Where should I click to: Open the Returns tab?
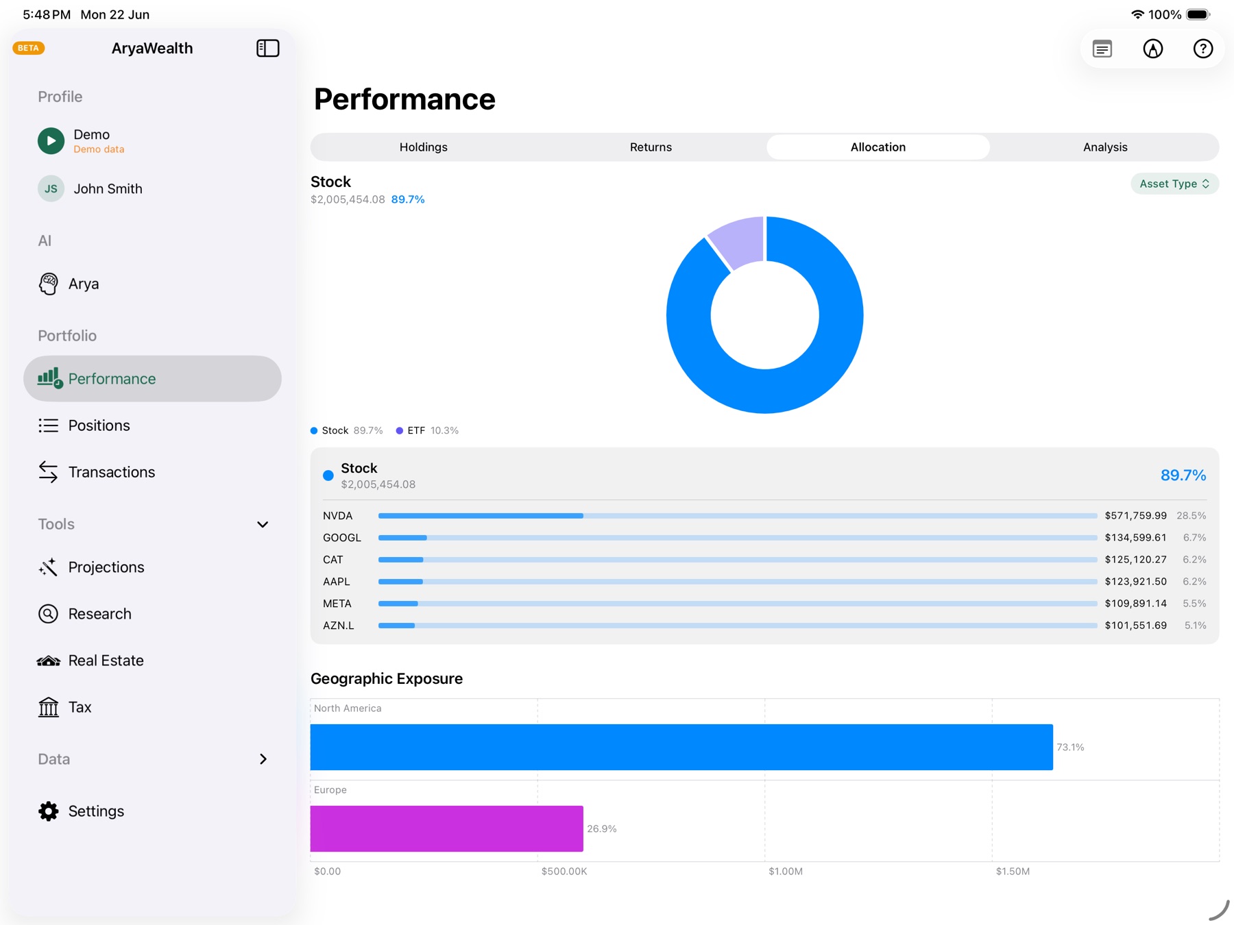point(651,147)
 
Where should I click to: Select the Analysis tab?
point(1105,147)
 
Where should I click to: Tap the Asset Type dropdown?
point(1174,184)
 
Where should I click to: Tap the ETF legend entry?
point(427,430)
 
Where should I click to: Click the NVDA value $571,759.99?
point(1135,515)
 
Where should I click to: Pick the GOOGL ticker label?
point(342,538)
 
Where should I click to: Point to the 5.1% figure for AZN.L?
point(1195,626)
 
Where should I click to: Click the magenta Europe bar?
point(447,828)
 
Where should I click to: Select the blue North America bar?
point(681,747)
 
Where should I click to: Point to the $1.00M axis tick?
point(786,872)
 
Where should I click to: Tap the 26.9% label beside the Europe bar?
point(602,829)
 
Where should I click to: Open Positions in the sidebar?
point(99,425)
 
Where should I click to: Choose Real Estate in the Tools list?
point(106,661)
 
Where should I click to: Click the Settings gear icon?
point(49,811)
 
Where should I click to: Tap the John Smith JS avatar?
point(51,188)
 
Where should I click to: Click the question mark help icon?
point(1202,49)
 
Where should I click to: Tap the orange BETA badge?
point(29,48)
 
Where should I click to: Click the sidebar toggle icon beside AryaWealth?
point(268,48)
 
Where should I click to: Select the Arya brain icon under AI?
point(49,284)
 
